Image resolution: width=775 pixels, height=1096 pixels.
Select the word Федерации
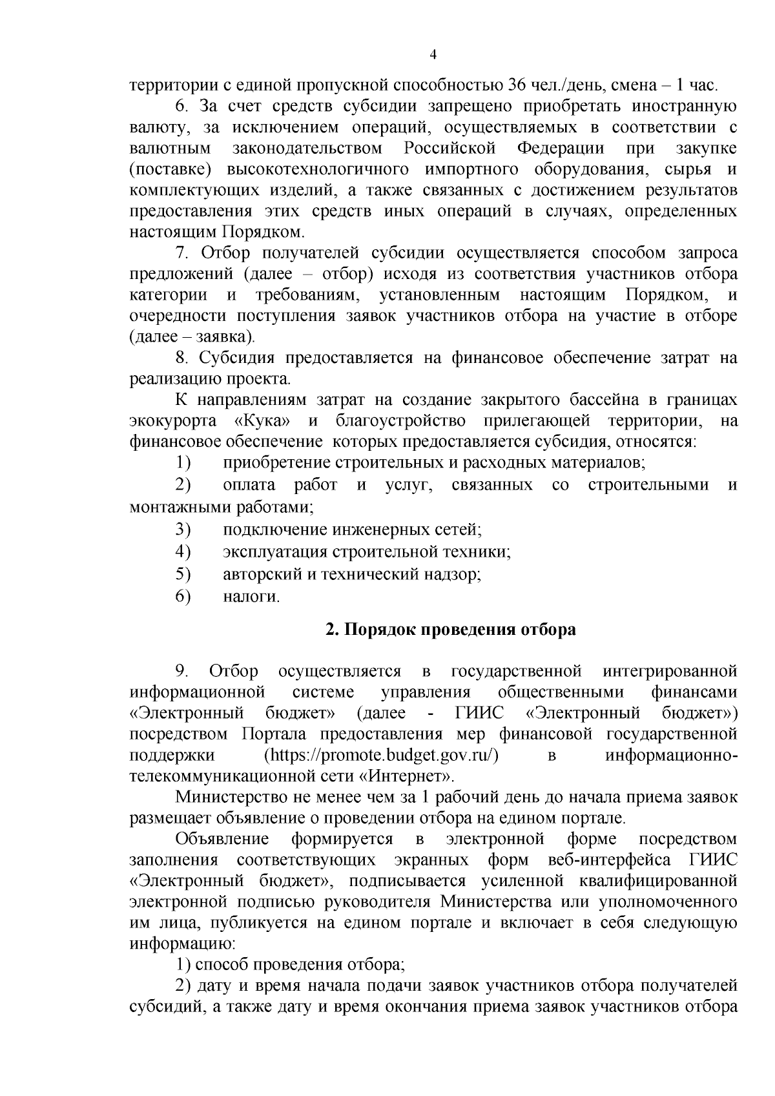(560, 149)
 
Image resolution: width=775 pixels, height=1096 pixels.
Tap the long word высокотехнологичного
(318, 170)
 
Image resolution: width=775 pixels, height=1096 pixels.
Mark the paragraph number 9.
(182, 672)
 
